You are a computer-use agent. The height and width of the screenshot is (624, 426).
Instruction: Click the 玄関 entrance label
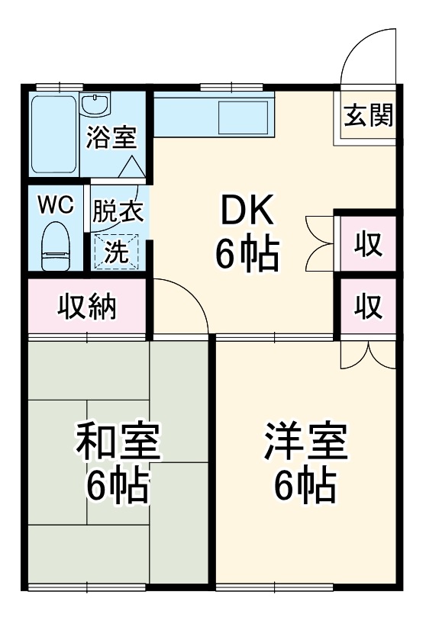[368, 115]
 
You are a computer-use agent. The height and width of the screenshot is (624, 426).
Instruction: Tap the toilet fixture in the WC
[56, 246]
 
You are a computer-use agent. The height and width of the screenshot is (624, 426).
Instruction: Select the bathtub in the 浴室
[53, 134]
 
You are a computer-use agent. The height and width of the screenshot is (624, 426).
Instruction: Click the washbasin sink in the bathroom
[95, 105]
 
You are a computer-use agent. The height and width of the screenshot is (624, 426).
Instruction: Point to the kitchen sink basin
[244, 117]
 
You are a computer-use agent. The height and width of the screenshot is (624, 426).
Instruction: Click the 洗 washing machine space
[116, 252]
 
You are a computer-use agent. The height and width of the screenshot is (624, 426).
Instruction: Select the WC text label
[55, 205]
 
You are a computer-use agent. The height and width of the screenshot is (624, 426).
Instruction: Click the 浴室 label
[111, 138]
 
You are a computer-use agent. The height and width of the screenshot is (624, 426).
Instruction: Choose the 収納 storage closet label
[87, 307]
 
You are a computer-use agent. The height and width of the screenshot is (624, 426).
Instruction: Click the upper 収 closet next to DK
[369, 243]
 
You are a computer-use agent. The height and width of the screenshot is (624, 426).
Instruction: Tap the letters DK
[247, 209]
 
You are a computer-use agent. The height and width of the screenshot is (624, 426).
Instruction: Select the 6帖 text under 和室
[118, 486]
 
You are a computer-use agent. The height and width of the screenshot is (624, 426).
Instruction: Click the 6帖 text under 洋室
[305, 486]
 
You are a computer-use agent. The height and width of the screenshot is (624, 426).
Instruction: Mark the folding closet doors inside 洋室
[369, 354]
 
